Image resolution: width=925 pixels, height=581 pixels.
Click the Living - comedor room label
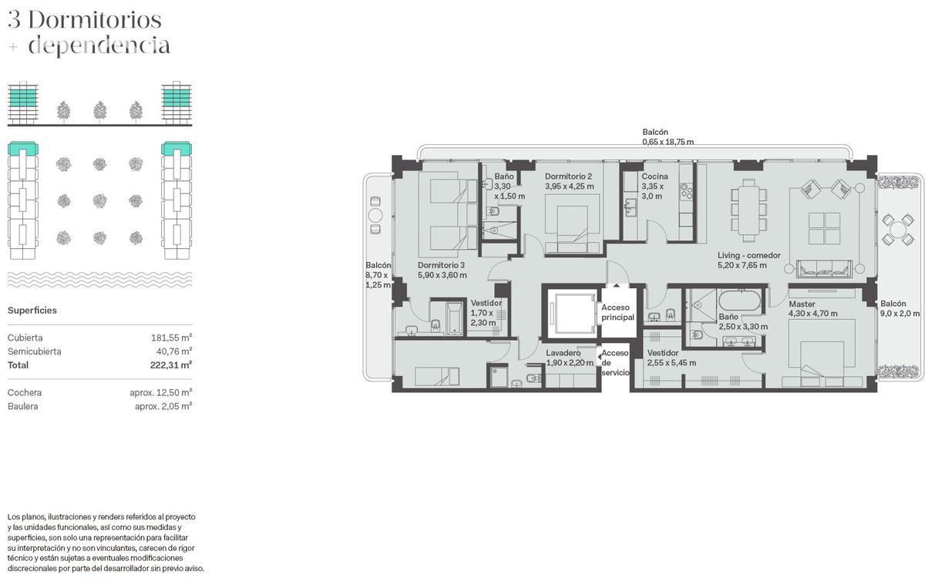(748, 256)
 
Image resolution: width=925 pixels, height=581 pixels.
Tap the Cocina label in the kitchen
(654, 176)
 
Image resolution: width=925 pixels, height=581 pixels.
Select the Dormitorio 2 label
(568, 176)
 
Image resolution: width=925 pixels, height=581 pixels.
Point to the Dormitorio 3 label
(441, 265)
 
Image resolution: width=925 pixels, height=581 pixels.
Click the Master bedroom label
(802, 304)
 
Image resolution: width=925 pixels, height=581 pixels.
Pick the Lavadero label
(563, 353)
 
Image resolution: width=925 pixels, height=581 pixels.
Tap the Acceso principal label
(617, 313)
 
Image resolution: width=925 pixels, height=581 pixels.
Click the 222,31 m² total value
(171, 365)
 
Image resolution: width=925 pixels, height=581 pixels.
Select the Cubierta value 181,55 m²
(171, 338)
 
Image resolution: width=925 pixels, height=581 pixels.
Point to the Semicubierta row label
(34, 351)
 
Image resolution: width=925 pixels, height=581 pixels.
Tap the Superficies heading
(32, 311)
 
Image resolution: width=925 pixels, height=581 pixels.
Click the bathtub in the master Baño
(739, 301)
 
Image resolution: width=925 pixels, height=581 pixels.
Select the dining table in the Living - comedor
(748, 210)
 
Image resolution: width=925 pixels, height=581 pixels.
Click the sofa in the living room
(824, 268)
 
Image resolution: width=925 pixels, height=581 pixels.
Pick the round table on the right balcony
(898, 229)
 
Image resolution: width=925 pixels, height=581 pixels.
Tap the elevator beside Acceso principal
(571, 313)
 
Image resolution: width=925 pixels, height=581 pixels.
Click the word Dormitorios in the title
(95, 20)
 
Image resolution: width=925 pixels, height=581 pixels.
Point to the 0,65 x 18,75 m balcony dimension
(668, 142)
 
